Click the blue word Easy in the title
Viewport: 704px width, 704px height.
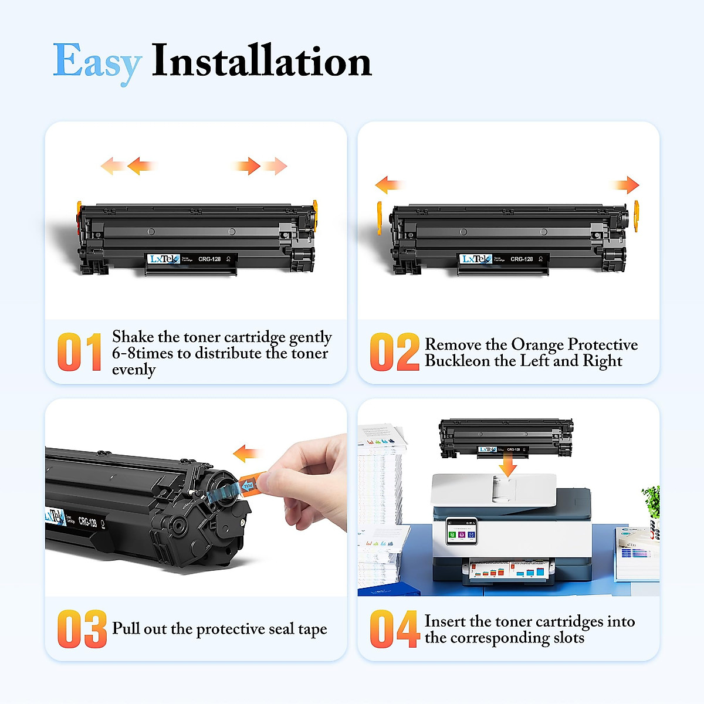click(97, 62)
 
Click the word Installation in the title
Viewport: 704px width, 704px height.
click(262, 60)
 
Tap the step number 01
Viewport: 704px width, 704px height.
click(79, 352)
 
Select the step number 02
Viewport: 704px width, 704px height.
click(394, 352)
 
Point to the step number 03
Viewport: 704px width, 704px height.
click(82, 629)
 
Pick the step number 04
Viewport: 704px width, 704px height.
click(394, 629)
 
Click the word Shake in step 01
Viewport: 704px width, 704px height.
click(133, 337)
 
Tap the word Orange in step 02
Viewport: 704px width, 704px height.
click(537, 344)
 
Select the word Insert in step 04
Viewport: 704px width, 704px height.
click(445, 621)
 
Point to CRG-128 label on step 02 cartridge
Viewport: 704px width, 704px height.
click(522, 259)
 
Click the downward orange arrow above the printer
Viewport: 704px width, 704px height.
click(507, 466)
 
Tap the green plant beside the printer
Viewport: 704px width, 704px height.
click(652, 501)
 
